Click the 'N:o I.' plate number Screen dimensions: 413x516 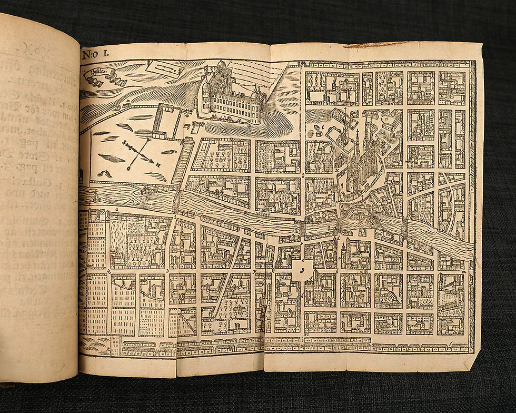pos(95,54)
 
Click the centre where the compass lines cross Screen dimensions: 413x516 pos(138,153)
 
